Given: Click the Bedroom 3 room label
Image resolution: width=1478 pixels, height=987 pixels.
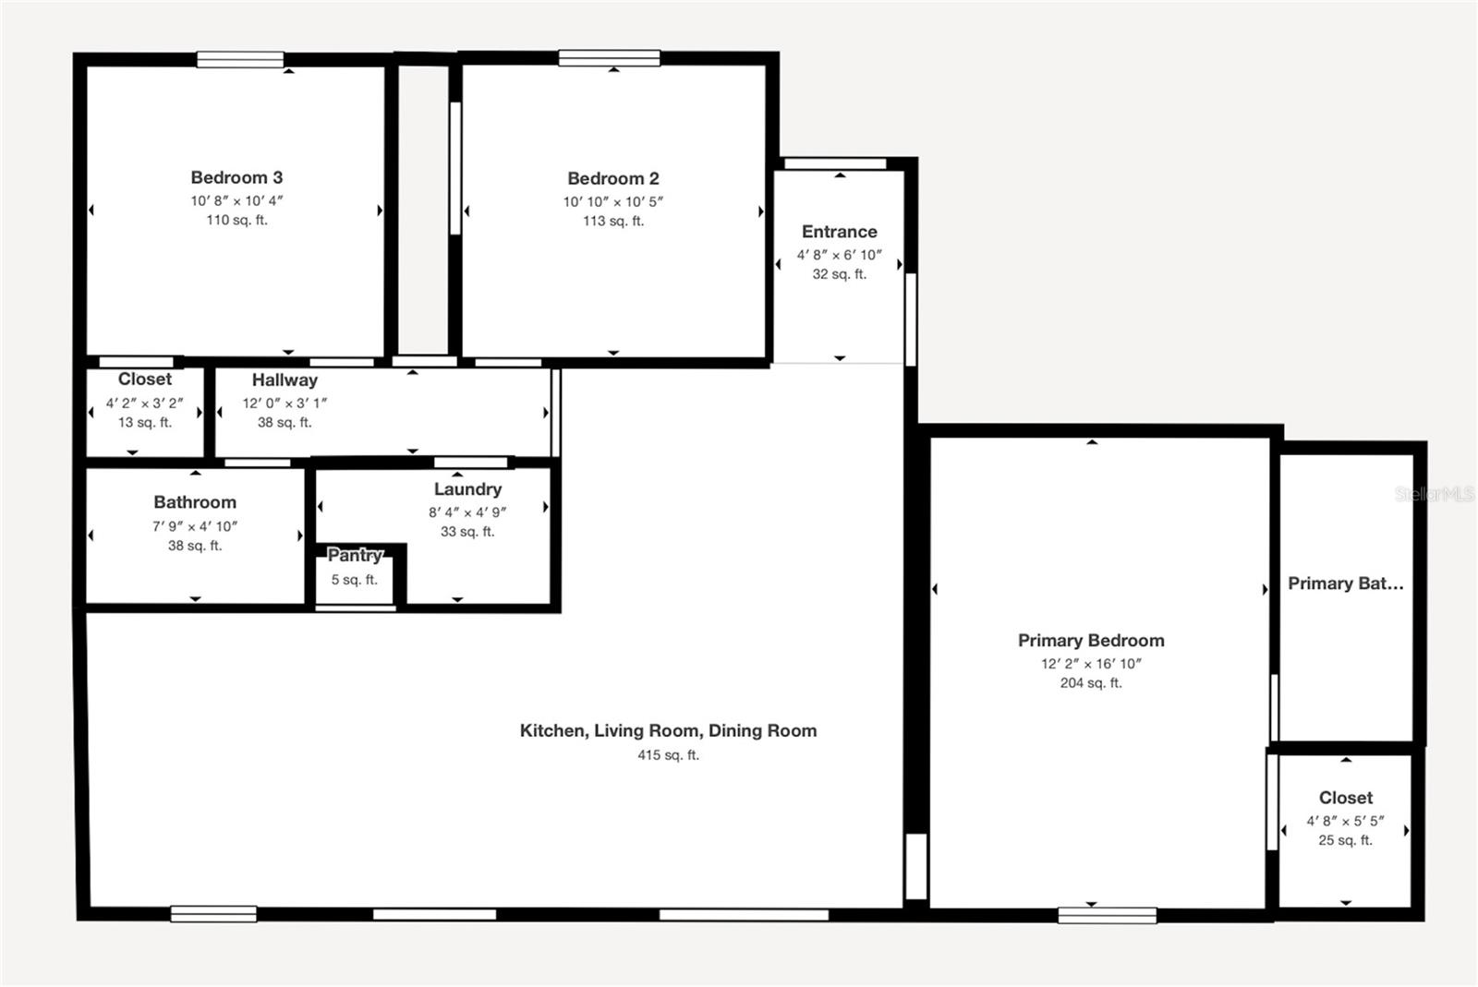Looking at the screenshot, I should [x=236, y=177].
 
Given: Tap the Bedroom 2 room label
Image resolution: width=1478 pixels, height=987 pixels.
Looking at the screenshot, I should [x=613, y=178].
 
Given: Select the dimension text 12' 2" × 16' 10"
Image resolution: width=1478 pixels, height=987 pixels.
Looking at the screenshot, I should [x=1091, y=664].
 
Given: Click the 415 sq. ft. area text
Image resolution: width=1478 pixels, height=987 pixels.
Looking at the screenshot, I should [x=668, y=755].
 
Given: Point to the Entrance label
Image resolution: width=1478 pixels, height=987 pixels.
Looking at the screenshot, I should [x=839, y=232].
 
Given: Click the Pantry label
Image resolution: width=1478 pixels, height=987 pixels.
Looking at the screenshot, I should [x=355, y=555].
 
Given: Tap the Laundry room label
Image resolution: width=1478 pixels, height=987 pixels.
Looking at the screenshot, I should [x=467, y=489].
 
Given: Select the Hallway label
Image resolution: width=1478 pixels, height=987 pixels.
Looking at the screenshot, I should [x=285, y=379].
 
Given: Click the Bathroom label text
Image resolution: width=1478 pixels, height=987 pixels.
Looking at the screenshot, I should [x=195, y=502].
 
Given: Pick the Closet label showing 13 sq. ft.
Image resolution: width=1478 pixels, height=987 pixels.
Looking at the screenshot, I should [x=145, y=379].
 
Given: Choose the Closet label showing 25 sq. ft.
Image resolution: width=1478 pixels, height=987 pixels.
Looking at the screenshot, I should [x=1345, y=798].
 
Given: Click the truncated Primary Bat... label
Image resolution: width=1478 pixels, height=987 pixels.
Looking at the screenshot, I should [x=1345, y=584].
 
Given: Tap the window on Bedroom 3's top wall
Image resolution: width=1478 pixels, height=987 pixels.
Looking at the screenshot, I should [x=240, y=60].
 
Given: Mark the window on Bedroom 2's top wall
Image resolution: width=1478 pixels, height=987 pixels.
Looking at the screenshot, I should [x=609, y=58].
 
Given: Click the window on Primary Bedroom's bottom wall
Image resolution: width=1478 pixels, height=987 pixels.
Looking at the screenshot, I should [x=1107, y=915].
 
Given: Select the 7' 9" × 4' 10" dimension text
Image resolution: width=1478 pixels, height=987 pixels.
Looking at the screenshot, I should [x=195, y=526].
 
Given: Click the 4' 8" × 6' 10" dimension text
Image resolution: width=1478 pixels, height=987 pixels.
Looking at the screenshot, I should [x=839, y=255].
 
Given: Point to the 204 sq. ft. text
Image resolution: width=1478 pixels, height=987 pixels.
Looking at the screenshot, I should [x=1091, y=683].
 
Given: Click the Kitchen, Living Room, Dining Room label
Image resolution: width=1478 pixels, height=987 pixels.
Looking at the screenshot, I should [x=668, y=731].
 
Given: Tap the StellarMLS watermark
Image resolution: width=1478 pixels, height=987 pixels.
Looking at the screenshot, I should [x=1434, y=494].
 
